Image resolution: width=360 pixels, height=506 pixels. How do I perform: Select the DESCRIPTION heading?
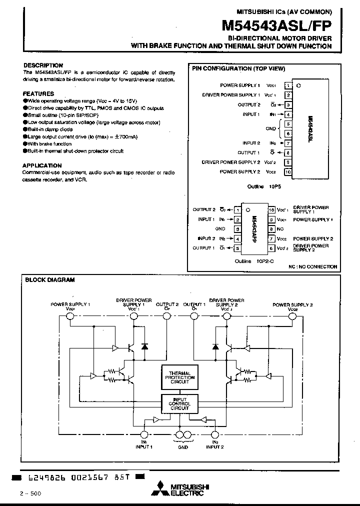43,65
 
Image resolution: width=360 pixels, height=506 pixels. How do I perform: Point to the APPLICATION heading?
42,165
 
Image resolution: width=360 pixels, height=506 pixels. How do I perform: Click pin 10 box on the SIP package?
288,172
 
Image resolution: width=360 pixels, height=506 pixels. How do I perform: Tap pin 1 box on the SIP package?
288,85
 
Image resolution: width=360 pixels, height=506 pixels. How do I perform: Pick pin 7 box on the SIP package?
288,143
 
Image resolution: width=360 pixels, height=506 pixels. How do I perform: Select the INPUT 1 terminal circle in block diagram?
144,435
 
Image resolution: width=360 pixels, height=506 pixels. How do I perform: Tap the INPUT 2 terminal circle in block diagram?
215,435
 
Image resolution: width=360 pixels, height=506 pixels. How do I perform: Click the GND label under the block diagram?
183,447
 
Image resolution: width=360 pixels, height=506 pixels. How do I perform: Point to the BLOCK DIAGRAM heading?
50,280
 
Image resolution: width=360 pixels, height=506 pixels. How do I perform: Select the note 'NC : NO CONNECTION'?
312,267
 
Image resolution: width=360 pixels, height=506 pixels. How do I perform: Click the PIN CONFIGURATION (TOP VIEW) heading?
238,68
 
